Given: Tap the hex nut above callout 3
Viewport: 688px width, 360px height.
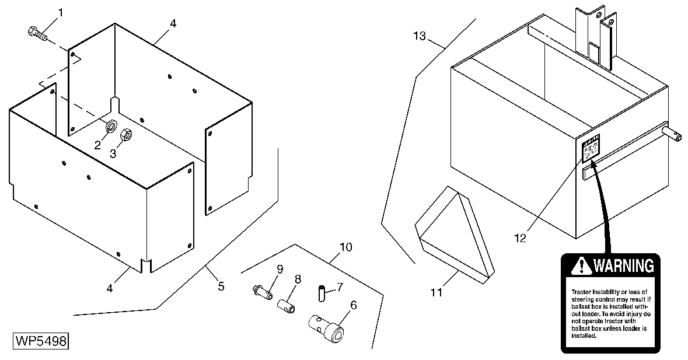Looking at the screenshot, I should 125,137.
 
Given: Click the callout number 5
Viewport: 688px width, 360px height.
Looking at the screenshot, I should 221,286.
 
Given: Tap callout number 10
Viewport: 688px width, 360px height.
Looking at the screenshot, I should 345,247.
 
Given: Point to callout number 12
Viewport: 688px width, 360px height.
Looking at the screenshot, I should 521,238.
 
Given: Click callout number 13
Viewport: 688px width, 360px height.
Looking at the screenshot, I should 420,37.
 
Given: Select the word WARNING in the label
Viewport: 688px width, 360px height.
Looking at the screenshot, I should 623,266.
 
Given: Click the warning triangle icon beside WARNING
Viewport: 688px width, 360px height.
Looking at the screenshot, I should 581,267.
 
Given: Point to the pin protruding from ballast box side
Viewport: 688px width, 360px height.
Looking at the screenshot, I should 675,134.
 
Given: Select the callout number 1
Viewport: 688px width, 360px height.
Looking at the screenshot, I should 62,13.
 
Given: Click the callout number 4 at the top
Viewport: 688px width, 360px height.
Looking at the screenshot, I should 173,23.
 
